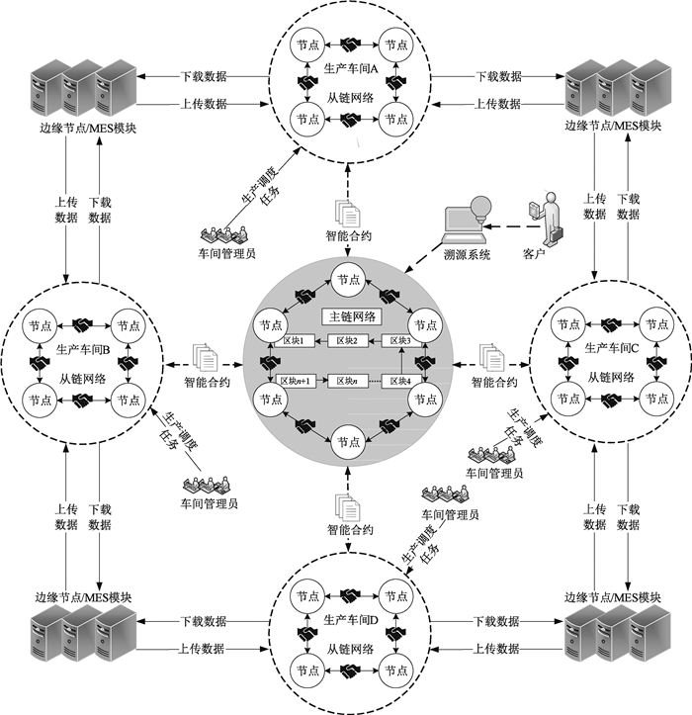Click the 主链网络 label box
coord(345,318)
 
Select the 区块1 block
coord(295,341)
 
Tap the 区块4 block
coord(399,381)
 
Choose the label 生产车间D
coord(351,620)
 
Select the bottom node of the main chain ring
coord(345,440)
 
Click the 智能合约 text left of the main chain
coord(209,380)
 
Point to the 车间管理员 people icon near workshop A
coord(227,235)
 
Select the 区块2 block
coord(346,341)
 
